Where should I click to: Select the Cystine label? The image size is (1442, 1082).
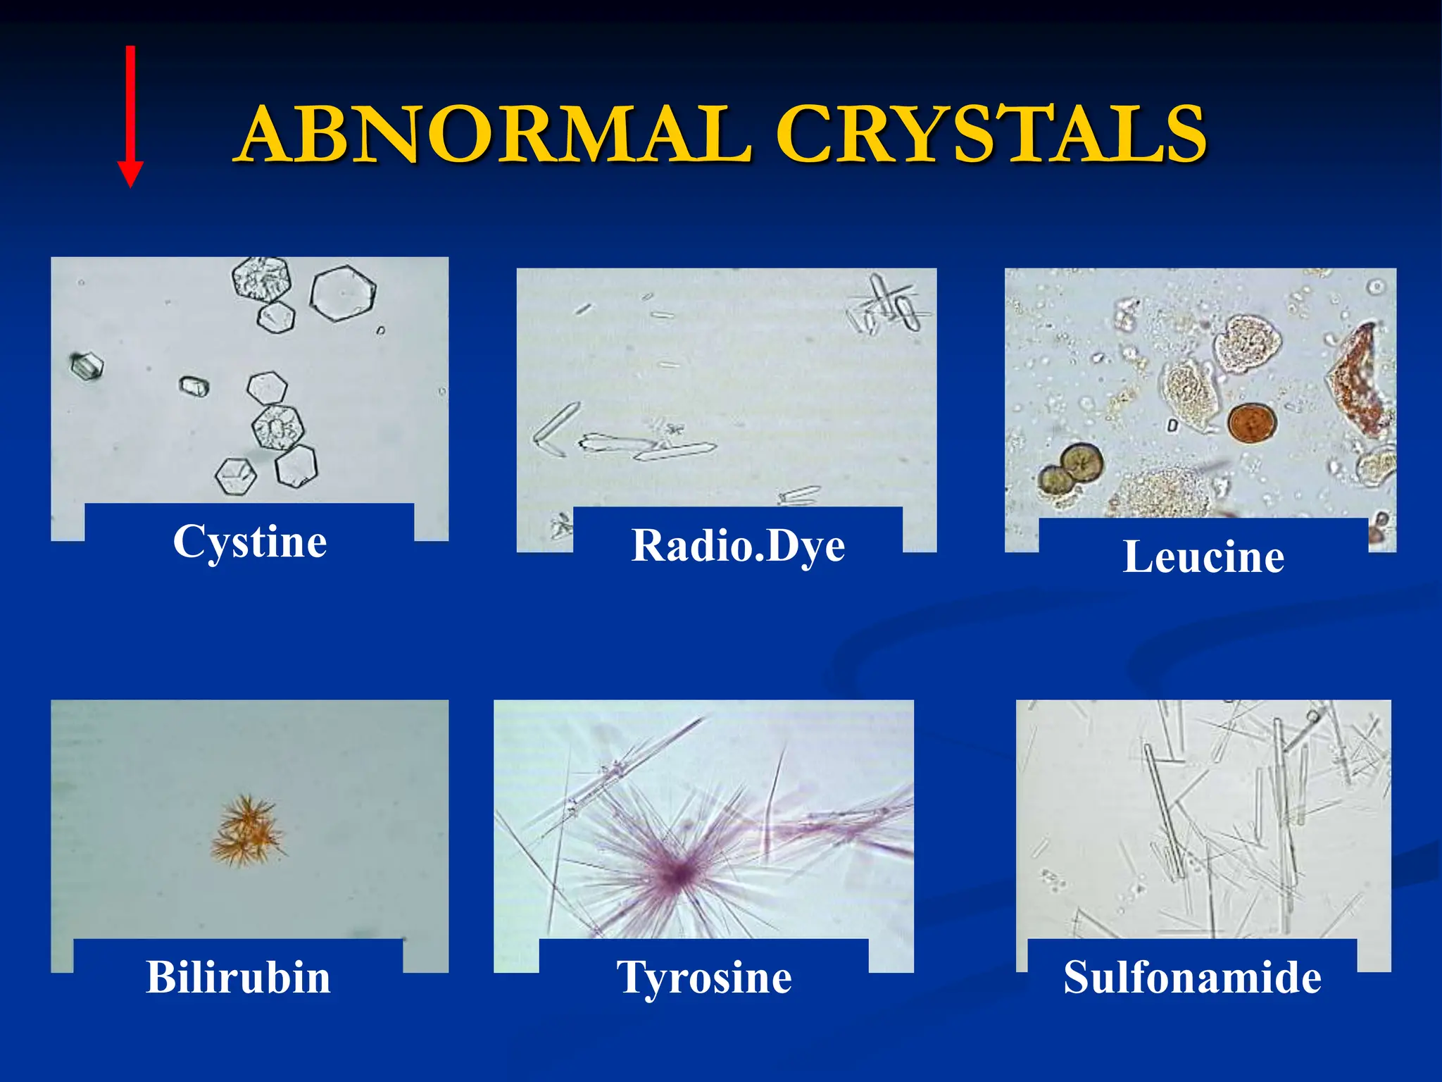[x=250, y=542]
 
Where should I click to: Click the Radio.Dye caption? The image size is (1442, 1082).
[x=738, y=546]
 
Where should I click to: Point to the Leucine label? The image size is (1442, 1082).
[x=1203, y=557]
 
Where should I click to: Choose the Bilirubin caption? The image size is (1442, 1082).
[x=238, y=978]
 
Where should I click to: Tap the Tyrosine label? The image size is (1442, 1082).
[x=704, y=978]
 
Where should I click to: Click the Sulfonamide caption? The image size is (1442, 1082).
[x=1192, y=978]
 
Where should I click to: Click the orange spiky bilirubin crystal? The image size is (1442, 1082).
[x=248, y=831]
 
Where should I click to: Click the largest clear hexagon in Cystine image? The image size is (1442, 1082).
[x=343, y=293]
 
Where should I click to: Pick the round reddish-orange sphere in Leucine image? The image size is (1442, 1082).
[x=1252, y=423]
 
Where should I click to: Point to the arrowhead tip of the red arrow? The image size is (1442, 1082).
[x=130, y=185]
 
